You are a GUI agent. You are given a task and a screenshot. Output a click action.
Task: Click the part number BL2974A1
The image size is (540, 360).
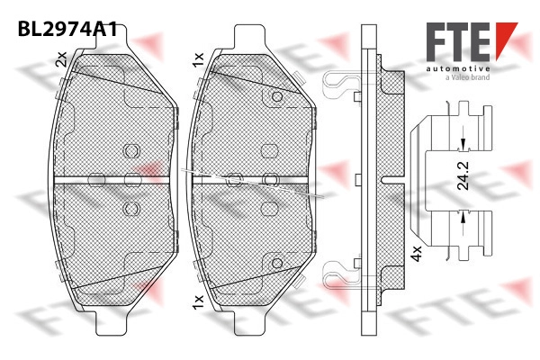[x=67, y=29]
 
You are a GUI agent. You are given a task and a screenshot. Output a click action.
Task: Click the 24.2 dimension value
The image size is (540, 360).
[x=463, y=175]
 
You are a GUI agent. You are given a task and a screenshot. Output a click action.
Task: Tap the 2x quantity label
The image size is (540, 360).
[x=61, y=58]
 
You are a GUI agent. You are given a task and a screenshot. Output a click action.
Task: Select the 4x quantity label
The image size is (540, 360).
[x=417, y=254]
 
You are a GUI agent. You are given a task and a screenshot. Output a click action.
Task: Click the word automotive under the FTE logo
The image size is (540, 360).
[x=458, y=69]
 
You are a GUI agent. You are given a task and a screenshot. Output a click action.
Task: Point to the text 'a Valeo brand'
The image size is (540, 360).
[x=467, y=77]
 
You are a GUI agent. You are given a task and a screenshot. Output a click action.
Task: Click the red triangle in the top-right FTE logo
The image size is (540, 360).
[x=506, y=40]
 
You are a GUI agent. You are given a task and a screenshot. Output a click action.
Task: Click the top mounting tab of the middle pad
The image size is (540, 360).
[x=250, y=36]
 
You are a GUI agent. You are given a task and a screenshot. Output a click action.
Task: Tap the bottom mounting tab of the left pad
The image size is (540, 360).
[x=112, y=323]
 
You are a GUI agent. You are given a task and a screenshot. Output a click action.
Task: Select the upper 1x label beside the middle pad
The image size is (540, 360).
[x=199, y=60]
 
